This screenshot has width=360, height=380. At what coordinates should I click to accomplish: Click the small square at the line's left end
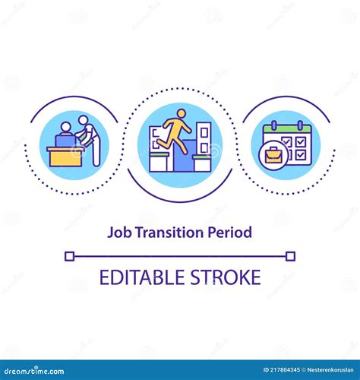pyautogui.click(x=69, y=256)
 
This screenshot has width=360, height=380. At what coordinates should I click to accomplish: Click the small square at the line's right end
pyautogui.click(x=291, y=256)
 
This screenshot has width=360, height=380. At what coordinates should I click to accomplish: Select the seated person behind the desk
pyautogui.click(x=64, y=133)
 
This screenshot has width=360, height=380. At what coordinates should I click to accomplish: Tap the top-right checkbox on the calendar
pyautogui.click(x=302, y=142)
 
